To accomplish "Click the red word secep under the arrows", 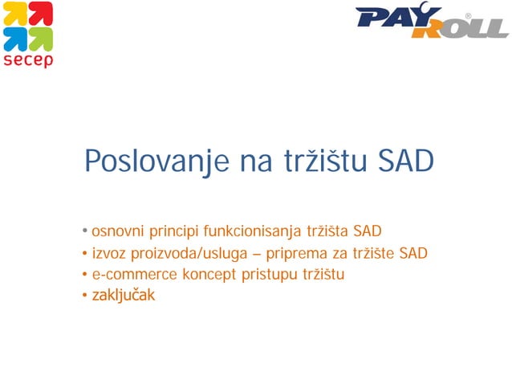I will [28, 60].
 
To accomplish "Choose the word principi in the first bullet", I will [173, 233].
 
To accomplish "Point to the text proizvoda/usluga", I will [189, 254].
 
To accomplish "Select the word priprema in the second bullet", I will [309, 254].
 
